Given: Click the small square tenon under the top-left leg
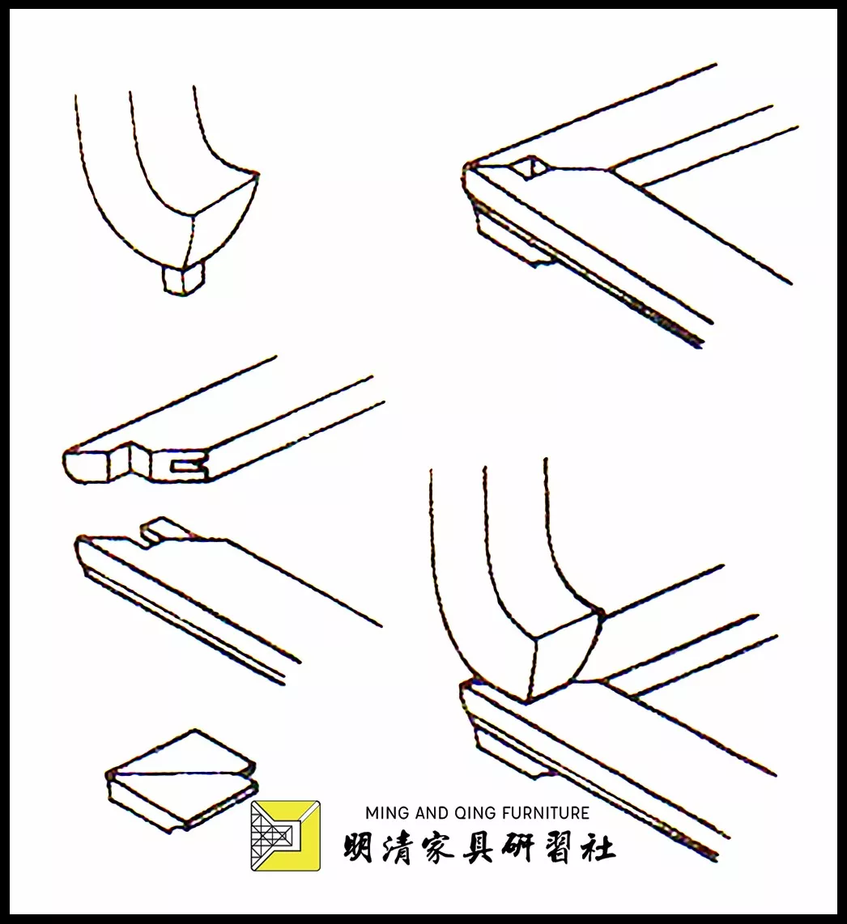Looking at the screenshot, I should coord(183,280).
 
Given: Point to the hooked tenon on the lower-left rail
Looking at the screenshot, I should coord(162,530).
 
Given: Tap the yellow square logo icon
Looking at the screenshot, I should coord(285,836).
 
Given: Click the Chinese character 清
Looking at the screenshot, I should coord(398,849).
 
